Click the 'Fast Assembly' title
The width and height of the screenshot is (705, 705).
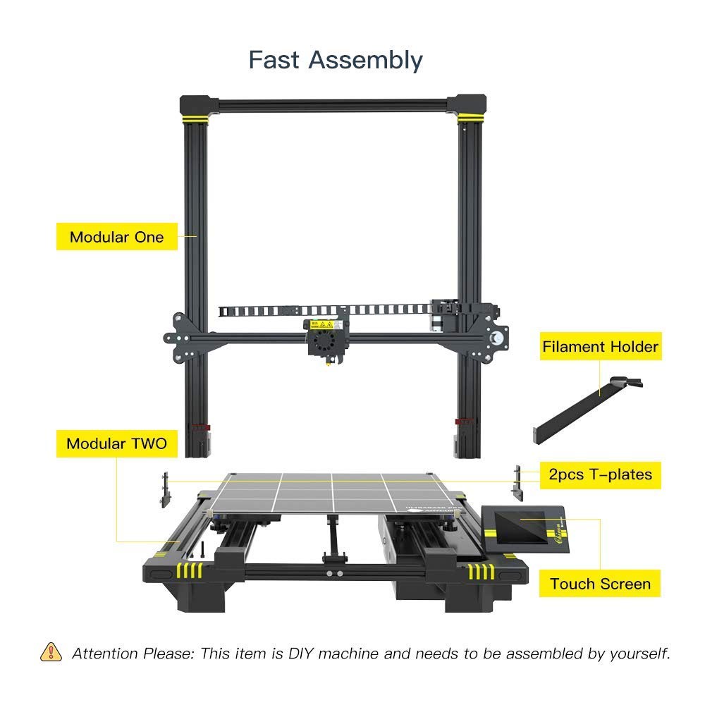336,60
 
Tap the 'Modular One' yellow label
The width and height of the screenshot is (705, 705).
116,237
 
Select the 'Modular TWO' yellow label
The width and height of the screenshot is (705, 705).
116,443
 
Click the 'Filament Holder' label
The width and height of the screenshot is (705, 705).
600,347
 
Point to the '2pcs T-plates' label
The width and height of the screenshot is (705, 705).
600,474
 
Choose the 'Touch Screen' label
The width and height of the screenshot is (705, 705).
600,584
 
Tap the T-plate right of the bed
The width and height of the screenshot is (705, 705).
518,483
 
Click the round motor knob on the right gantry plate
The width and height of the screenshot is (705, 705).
498,338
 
